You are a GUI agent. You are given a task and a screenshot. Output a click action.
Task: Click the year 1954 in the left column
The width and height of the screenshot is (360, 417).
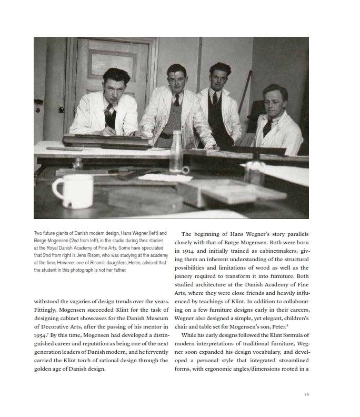(x=42, y=335)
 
